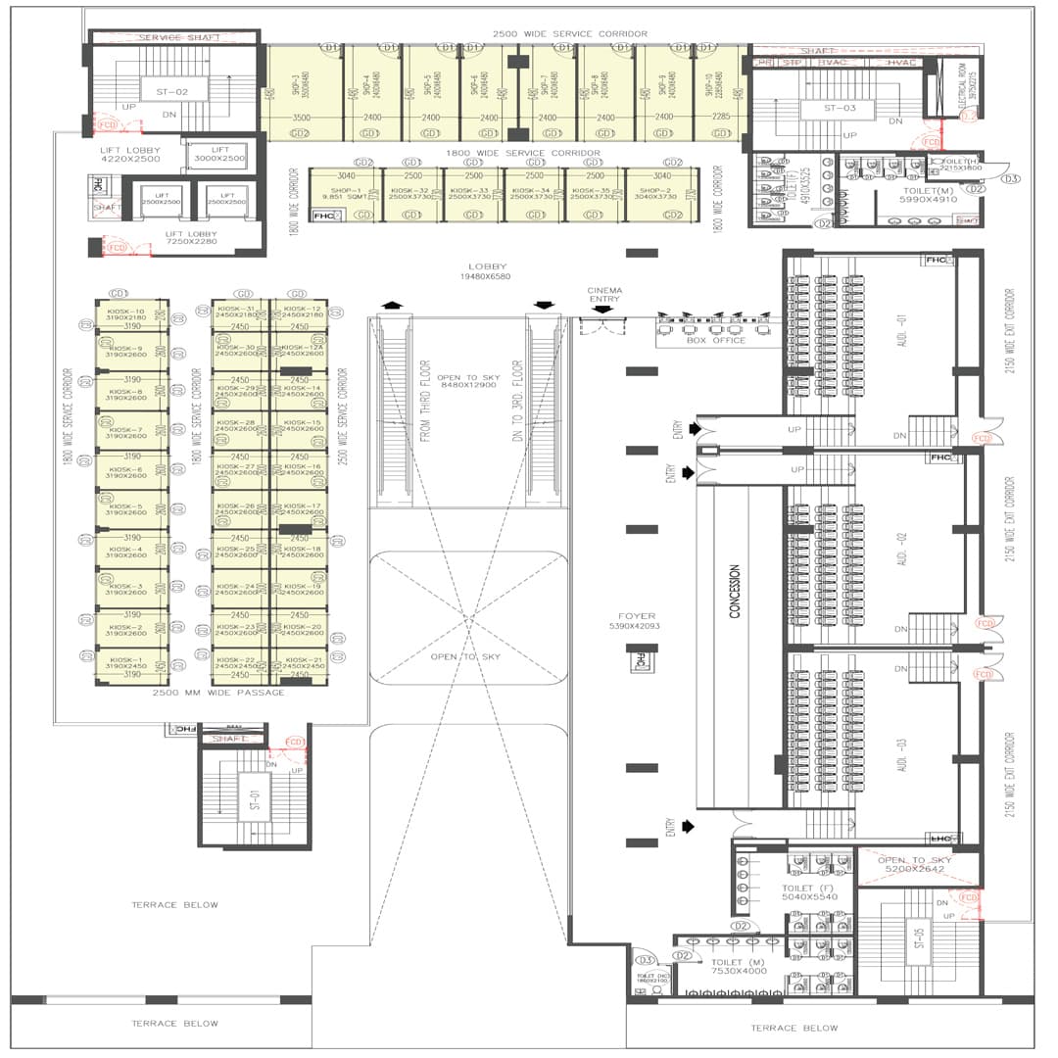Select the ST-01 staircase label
click(x=254, y=800)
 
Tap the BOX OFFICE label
click(x=715, y=340)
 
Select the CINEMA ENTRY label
click(x=604, y=295)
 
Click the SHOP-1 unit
click(x=339, y=194)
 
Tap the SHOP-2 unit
click(x=662, y=194)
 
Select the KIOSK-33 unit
click(x=473, y=194)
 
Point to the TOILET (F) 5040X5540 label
click(x=809, y=892)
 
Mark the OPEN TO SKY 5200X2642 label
click(x=916, y=864)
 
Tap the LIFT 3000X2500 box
click(x=220, y=155)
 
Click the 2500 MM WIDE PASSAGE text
click(x=218, y=693)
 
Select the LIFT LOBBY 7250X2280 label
click(x=191, y=238)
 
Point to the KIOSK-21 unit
click(x=300, y=664)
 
